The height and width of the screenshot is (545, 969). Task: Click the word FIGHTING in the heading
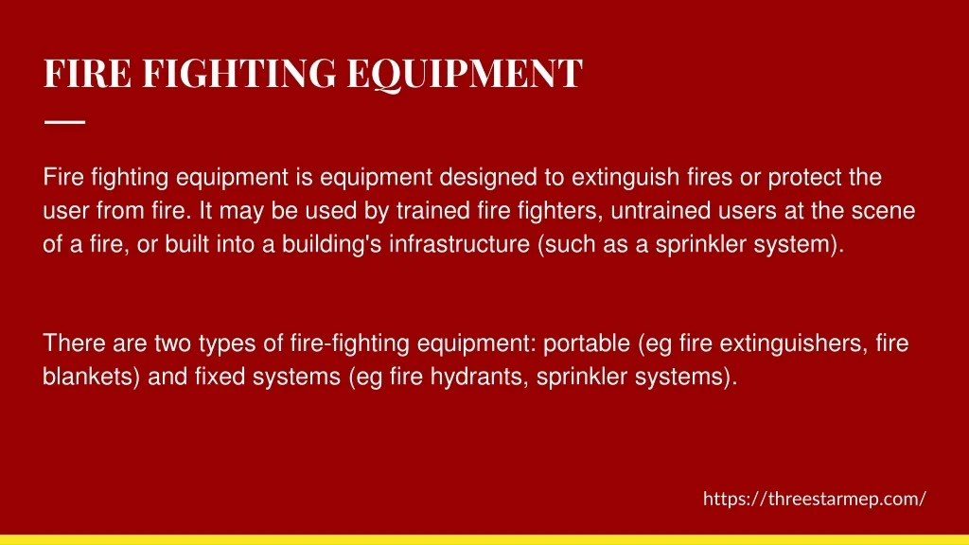pyautogui.click(x=239, y=73)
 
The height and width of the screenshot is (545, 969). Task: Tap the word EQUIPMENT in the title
pyautogui.click(x=465, y=74)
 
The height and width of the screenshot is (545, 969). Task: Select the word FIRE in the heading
pyautogui.click(x=87, y=73)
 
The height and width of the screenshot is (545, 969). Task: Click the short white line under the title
pyautogui.click(x=65, y=122)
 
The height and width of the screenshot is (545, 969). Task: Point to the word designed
pyautogui.click(x=488, y=178)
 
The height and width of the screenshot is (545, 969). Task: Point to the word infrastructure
pyautogui.click(x=459, y=244)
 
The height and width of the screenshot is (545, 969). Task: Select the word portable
pyautogui.click(x=587, y=343)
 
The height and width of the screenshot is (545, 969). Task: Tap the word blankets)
pyautogui.click(x=92, y=377)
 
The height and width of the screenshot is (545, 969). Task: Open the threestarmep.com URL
pyautogui.click(x=815, y=499)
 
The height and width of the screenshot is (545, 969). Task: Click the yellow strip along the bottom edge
pyautogui.click(x=484, y=540)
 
